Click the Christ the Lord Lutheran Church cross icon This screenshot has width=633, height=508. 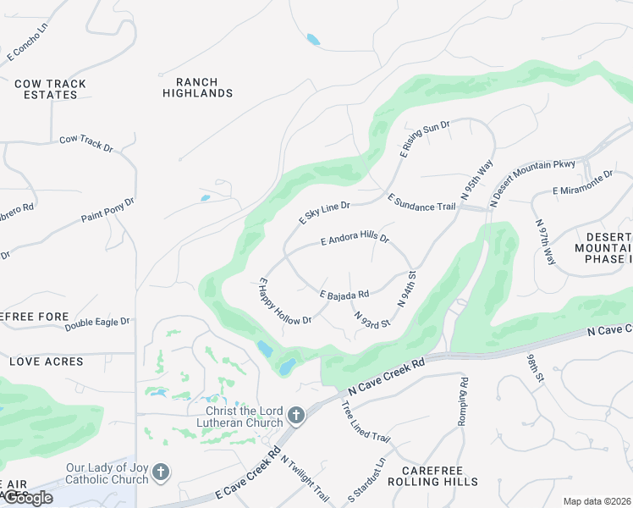tap(295, 415)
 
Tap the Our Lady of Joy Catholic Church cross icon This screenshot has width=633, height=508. tap(161, 472)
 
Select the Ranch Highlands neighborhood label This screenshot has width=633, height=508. tap(197, 87)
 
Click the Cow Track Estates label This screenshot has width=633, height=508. tap(46, 89)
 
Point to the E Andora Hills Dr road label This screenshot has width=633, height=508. tap(355, 240)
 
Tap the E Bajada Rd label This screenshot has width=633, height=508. tap(344, 295)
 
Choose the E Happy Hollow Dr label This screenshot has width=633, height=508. tap(285, 301)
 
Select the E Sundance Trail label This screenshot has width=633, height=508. tap(421, 202)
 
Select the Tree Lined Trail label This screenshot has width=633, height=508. tap(365, 421)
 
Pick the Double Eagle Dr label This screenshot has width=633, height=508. tap(97, 323)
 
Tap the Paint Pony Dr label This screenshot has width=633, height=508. tap(107, 211)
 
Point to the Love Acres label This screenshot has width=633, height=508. tap(46, 362)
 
